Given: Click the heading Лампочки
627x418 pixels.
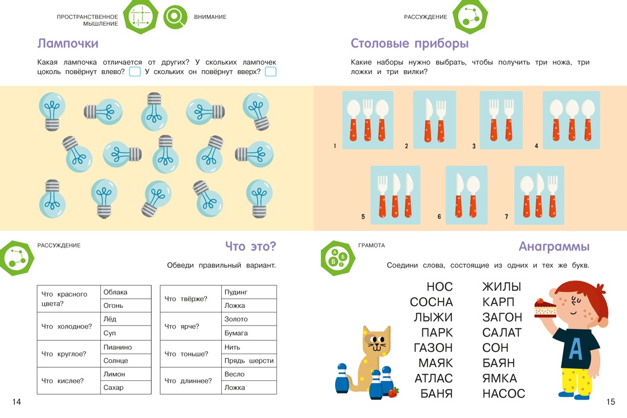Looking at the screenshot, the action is (x=68, y=43).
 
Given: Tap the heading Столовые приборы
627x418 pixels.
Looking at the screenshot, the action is (x=409, y=43).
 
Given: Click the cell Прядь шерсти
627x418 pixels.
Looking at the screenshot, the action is (x=249, y=360).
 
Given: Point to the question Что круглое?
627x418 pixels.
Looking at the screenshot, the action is (x=64, y=354).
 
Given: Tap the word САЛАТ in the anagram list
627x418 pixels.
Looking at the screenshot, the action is (x=502, y=332).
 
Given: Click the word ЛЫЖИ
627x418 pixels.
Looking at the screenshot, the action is (x=433, y=317).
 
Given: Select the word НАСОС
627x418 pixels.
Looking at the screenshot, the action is (x=503, y=393).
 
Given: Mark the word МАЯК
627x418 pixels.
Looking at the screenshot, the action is (x=435, y=363).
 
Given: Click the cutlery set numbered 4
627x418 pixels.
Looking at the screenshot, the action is (x=571, y=120).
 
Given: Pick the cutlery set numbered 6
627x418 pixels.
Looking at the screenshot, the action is (x=467, y=195).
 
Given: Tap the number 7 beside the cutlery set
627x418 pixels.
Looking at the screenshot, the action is (x=506, y=216).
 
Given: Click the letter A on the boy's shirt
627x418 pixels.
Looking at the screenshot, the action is (x=576, y=348).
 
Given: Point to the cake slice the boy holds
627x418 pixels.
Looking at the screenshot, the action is (x=545, y=308).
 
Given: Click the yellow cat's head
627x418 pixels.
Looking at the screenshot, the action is (x=376, y=340).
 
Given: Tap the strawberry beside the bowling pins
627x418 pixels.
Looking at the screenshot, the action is (x=393, y=392).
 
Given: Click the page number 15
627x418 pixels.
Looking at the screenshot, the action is (x=610, y=401).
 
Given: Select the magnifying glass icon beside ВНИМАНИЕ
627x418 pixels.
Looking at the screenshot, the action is (x=175, y=17).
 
